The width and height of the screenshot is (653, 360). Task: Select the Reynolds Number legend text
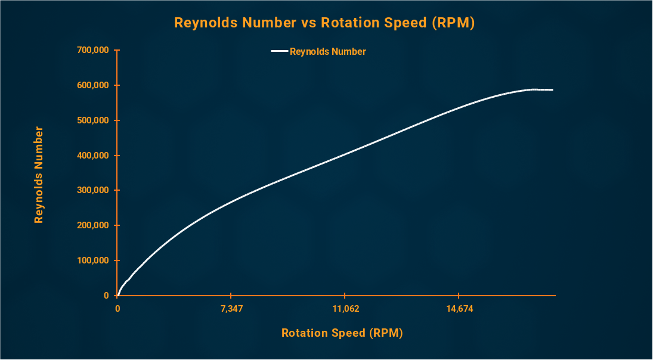tap(327, 51)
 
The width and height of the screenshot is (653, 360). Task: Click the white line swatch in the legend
tap(279, 51)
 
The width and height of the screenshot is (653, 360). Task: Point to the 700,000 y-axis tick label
tap(93, 50)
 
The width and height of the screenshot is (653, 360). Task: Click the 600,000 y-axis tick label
tap(93, 85)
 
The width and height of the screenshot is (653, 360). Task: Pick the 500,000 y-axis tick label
tap(93, 120)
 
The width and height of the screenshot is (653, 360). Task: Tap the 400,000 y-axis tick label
tap(93, 156)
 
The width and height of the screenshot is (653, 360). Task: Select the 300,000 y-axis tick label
tap(93, 190)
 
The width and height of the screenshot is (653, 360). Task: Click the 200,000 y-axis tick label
tap(93, 225)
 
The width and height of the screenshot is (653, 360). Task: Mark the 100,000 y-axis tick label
tap(93, 260)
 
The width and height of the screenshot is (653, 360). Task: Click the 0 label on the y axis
tap(106, 296)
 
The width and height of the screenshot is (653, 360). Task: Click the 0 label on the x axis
tap(117, 309)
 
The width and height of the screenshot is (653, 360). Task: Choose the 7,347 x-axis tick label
tap(231, 309)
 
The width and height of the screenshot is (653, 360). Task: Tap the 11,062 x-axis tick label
tap(345, 309)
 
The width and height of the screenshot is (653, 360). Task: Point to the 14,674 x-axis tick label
tap(458, 309)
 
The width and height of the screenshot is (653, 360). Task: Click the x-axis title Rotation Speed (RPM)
tap(342, 333)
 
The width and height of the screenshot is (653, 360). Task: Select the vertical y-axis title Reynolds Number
tap(39, 174)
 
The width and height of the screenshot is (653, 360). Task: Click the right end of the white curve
tap(552, 90)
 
